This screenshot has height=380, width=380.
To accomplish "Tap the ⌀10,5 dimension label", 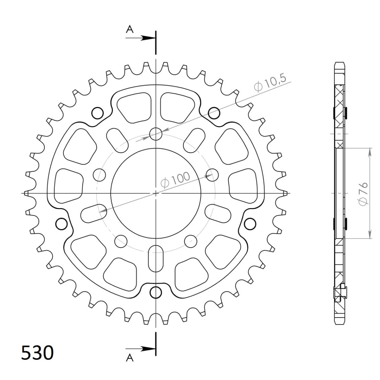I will click(272, 84).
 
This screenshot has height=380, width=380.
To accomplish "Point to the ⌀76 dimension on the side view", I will click(363, 193).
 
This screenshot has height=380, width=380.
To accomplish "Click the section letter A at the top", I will click(130, 29).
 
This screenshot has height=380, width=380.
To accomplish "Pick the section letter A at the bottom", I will click(130, 358).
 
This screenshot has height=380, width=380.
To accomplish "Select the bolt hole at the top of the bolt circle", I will click(155, 134).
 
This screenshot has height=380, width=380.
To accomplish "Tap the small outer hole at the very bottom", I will click(155, 293).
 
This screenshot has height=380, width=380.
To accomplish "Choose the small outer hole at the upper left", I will click(97, 112).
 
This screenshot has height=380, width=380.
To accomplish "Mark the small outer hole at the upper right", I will click(214, 112).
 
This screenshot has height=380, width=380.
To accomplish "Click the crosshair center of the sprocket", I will click(155, 193).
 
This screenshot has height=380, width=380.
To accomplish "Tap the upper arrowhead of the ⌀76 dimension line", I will click(370, 152).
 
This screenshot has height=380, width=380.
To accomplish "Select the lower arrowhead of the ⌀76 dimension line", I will click(370, 234).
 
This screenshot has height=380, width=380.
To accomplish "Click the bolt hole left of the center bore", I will click(100, 174).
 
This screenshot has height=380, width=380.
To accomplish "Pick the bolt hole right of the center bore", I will click(212, 174).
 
